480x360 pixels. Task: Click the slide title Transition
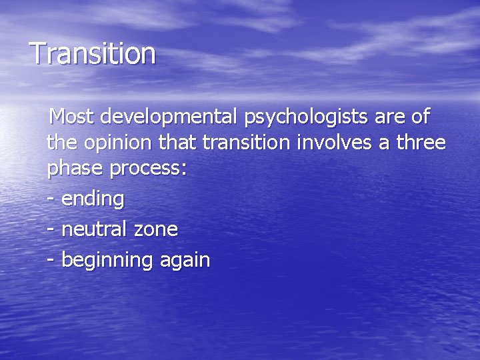point(93,53)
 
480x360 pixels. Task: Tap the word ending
point(93,199)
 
